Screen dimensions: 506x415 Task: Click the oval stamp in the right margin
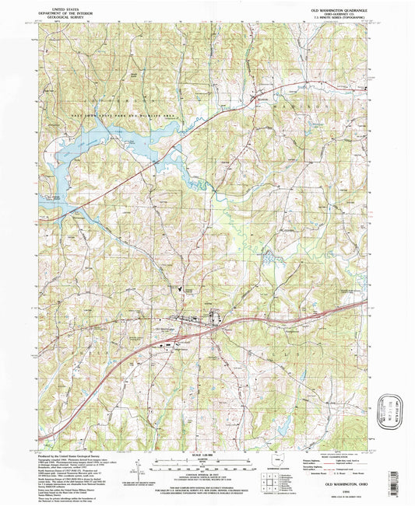[392, 407]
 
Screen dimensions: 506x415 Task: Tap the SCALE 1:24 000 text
[207, 454]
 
